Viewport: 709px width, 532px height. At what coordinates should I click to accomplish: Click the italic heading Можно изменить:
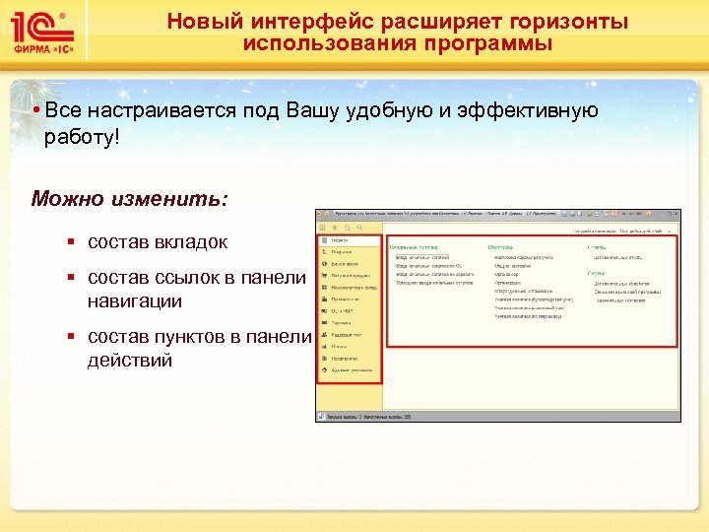(x=129, y=199)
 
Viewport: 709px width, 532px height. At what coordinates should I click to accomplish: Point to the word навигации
(x=134, y=300)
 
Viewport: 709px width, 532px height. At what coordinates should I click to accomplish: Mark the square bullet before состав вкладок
(x=72, y=242)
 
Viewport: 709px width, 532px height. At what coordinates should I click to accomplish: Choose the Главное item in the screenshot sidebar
(x=340, y=239)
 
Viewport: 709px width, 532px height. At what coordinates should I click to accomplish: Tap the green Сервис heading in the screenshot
(x=597, y=272)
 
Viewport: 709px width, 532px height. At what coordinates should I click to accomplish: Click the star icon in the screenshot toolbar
(x=334, y=228)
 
